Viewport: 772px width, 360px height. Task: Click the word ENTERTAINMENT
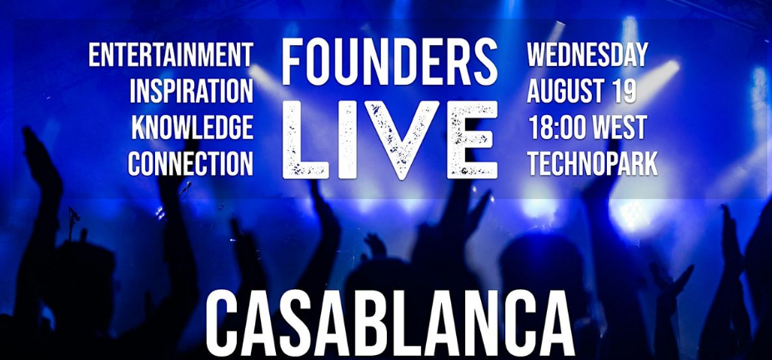point(171,55)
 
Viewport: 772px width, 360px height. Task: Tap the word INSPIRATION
point(192,91)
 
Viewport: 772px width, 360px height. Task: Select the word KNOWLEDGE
point(193,127)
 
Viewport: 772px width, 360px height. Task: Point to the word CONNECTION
point(191,163)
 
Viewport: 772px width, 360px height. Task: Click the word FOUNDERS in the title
point(389,63)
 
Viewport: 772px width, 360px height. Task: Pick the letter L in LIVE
point(305,140)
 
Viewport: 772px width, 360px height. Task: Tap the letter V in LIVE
point(402,140)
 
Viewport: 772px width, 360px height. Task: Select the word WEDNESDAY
point(588,55)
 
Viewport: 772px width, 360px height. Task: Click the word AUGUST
point(567,91)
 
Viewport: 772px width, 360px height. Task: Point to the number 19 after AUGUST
point(625,91)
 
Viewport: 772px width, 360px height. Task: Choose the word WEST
point(619,127)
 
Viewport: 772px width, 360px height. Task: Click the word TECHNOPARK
point(593,163)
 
